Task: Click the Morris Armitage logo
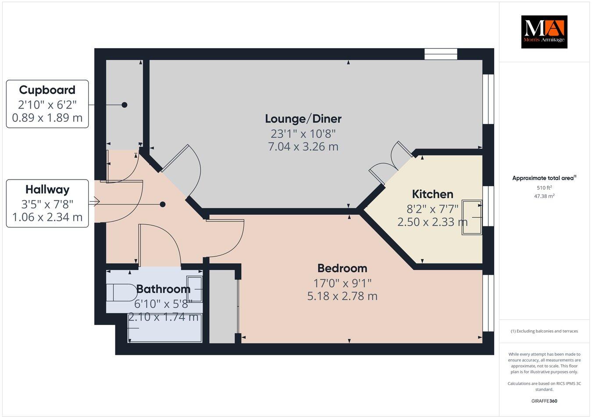click(x=544, y=32)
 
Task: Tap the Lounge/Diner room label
click(x=303, y=118)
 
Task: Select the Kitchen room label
click(x=432, y=194)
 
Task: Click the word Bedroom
click(x=342, y=268)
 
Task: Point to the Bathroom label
click(x=163, y=289)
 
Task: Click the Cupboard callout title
click(x=47, y=90)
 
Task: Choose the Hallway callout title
click(x=47, y=189)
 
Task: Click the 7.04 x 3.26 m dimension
click(x=303, y=147)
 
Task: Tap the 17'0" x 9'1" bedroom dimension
click(x=342, y=283)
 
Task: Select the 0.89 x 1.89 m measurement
click(x=47, y=118)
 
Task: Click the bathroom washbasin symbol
click(x=194, y=289)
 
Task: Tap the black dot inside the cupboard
click(x=125, y=105)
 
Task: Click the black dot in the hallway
click(x=163, y=204)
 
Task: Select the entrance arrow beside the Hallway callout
click(x=94, y=202)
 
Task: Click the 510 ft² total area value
click(x=544, y=187)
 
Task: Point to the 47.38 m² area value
click(x=544, y=196)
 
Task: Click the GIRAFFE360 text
click(x=544, y=401)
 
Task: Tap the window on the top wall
click(x=441, y=54)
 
